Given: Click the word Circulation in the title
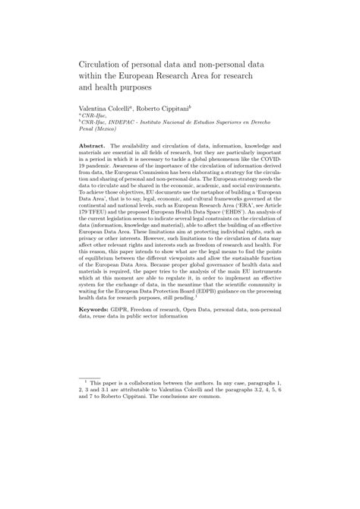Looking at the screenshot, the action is tap(101, 65).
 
